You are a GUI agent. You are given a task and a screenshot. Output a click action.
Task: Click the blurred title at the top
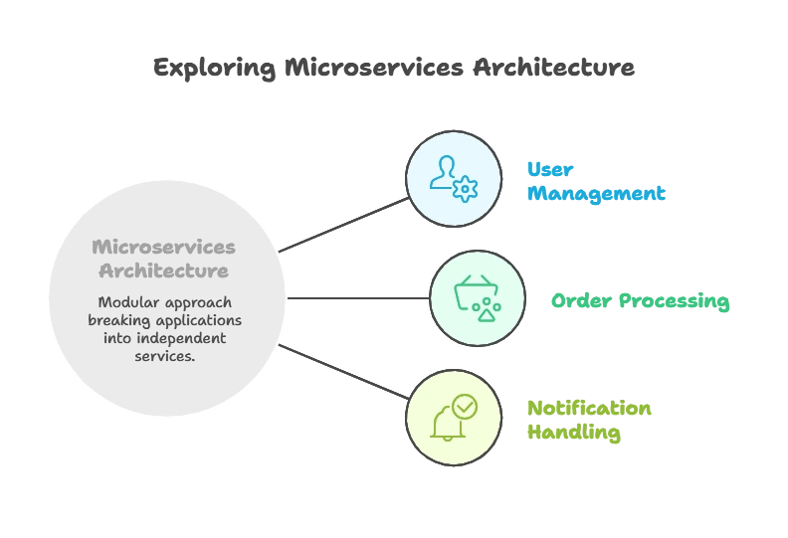click(393, 68)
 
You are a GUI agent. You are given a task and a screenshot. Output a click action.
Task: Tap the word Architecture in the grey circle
click(160, 270)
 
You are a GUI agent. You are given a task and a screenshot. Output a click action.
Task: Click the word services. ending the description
click(164, 356)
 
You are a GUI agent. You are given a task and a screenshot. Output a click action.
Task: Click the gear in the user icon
click(465, 189)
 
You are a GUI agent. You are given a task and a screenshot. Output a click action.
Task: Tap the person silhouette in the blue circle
click(443, 171)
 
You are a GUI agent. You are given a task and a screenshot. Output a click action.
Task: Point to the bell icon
click(447, 424)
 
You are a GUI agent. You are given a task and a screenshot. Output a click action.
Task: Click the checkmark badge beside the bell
click(465, 407)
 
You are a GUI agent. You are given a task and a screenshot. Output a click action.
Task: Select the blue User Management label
click(593, 182)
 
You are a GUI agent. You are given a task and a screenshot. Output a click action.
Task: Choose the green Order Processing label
click(640, 300)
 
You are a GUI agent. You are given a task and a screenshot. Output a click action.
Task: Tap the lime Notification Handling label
click(588, 421)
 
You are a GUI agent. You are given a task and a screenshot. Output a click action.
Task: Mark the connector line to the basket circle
click(358, 297)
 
